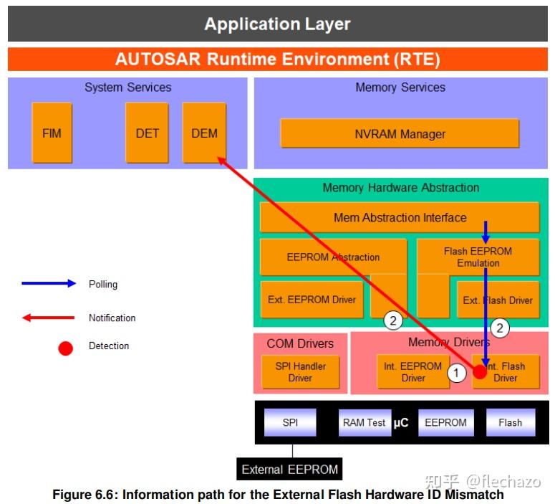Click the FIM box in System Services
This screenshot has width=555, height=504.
[52, 133]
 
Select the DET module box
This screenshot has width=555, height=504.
[147, 133]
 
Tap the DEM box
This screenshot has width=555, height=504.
[204, 133]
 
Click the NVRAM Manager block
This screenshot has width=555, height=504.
[400, 133]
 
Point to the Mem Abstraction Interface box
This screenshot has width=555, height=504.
[400, 217]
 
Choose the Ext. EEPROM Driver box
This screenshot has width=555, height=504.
[312, 300]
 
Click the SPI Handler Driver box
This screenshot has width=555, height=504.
[300, 372]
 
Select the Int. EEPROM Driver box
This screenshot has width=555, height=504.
[412, 372]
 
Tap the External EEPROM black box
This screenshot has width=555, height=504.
[289, 470]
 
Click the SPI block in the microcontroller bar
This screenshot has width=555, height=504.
[290, 422]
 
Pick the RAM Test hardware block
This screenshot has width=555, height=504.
[365, 422]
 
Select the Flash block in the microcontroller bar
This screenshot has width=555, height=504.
[511, 422]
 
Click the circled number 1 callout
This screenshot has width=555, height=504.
[456, 373]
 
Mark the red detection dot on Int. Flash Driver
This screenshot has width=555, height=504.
[480, 372]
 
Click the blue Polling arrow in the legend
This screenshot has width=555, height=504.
[49, 283]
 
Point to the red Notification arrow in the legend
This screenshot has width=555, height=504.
[48, 318]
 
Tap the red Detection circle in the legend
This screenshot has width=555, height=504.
[65, 348]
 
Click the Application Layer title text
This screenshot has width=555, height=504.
[278, 24]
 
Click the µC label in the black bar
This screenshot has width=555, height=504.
[401, 422]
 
